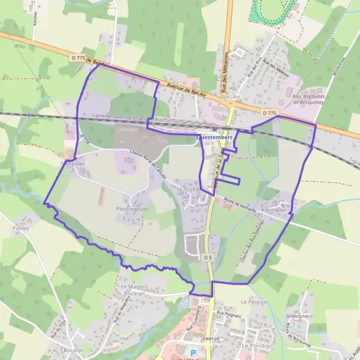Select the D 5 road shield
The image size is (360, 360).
(x=208, y=257)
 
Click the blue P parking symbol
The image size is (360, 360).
(x=193, y=353)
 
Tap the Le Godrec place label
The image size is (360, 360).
(x=187, y=189)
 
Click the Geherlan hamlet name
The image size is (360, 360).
(x=73, y=163)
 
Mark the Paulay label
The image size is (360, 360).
(x=21, y=229)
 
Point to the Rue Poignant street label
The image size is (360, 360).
(x=229, y=314)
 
